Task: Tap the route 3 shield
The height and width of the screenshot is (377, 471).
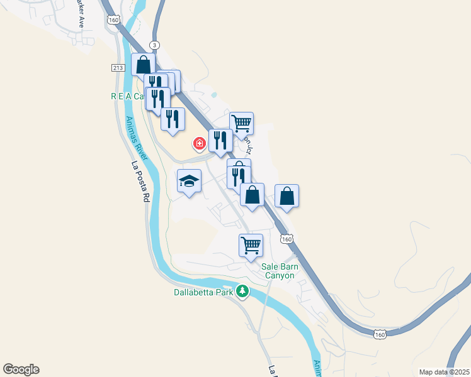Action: pos(155,45)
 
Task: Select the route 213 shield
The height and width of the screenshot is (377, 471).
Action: pos(118,67)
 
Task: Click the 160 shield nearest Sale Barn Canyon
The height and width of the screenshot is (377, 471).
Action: pos(287,239)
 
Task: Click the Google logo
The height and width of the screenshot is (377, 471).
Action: pos(20,369)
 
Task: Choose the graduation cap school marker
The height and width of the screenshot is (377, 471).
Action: pos(189,182)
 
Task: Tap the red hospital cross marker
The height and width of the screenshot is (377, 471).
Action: pos(200,145)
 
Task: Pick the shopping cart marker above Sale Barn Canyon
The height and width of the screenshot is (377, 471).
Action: pos(251,244)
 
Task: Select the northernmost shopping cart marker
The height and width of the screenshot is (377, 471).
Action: pos(241,123)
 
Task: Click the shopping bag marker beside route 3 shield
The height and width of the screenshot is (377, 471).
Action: pos(144,64)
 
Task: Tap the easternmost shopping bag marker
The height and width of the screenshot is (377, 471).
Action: pos(287,195)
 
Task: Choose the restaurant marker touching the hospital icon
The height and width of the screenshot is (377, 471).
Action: pos(220,140)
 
